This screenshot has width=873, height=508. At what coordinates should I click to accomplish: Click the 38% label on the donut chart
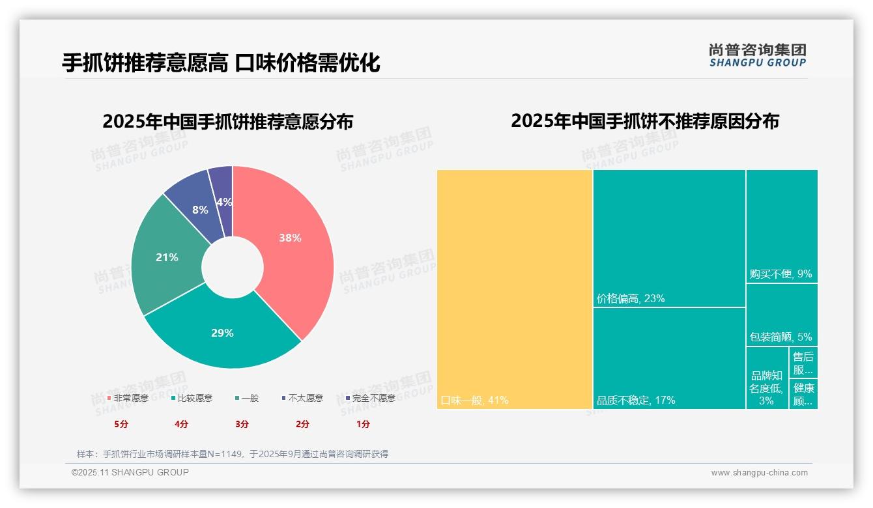[290, 238]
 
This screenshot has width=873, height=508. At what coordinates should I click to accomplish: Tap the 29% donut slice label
[222, 333]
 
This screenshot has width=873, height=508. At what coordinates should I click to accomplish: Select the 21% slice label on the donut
[167, 257]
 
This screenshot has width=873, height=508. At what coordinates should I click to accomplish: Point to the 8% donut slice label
[200, 210]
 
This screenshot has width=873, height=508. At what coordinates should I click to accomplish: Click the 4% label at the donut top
[224, 202]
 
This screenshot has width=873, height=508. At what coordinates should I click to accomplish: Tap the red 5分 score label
[121, 424]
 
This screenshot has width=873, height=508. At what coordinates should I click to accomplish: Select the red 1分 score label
[363, 424]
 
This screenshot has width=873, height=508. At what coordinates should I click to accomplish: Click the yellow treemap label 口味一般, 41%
[474, 400]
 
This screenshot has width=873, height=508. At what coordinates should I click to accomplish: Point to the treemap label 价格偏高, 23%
[631, 299]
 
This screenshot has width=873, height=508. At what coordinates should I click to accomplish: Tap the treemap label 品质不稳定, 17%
[636, 400]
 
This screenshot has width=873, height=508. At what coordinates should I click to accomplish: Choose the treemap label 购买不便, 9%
[780, 274]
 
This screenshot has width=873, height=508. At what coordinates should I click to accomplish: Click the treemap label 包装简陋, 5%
[780, 337]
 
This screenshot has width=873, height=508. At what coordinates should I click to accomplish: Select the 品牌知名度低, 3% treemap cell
[766, 388]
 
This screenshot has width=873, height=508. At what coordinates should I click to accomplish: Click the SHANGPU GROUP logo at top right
[757, 55]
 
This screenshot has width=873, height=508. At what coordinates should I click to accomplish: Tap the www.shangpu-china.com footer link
[759, 473]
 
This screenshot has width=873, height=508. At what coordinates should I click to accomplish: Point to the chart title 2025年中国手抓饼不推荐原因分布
[644, 121]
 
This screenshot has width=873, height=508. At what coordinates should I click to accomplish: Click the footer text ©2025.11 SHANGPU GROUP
[130, 472]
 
